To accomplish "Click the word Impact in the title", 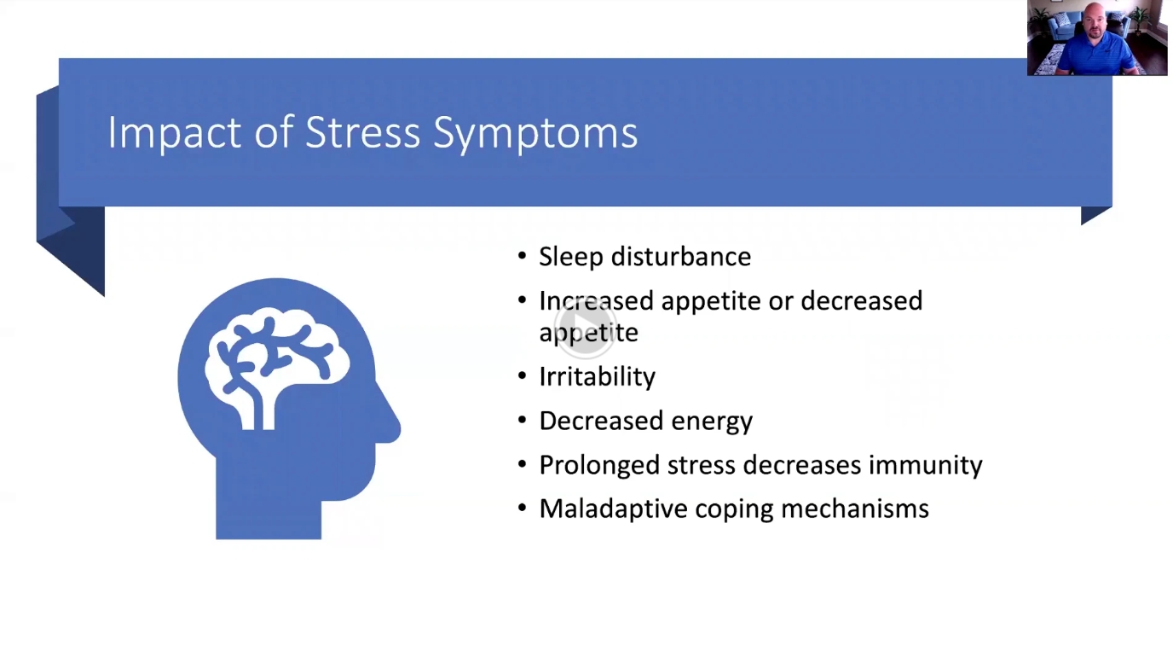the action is point(175,132).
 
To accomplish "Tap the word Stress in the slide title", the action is point(362,131).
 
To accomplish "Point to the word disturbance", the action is point(681,257).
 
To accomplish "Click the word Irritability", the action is point(597,377).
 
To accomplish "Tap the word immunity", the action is point(925,466).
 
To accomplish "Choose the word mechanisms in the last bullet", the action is point(855,509).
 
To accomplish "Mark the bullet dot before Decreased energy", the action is point(522,420).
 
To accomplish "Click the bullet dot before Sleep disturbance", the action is point(522,256).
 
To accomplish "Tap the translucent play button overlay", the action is point(585,327).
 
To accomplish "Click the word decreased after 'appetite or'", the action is point(861,301).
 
